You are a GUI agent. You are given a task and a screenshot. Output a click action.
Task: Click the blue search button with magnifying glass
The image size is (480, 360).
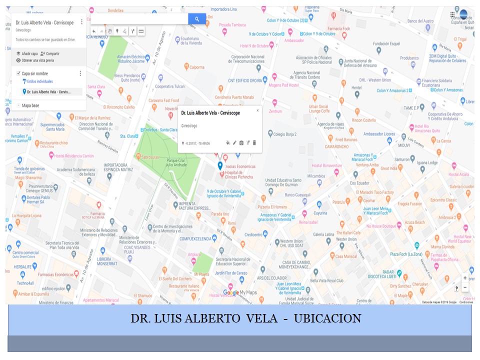[197, 19]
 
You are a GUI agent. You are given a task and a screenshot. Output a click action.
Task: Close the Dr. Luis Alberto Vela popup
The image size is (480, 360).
[257, 110]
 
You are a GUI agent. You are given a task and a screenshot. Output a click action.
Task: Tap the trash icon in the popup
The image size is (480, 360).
[254, 143]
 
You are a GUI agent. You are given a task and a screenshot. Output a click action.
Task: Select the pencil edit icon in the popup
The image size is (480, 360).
[234, 143]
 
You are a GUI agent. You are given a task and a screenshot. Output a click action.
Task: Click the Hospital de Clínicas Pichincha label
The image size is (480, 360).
[238, 174]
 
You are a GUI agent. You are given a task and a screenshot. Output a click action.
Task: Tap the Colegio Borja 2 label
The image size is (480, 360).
[285, 134]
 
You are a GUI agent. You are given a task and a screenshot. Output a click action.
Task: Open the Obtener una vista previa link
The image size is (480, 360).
[37, 60]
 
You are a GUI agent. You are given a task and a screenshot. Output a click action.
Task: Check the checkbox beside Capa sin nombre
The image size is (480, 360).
[18, 73]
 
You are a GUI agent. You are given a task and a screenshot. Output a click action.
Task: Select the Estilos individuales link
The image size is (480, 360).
[39, 81]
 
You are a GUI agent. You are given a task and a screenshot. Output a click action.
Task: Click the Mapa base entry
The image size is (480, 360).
[30, 105]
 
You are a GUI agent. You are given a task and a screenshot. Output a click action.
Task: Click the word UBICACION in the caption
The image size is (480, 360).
[327, 318]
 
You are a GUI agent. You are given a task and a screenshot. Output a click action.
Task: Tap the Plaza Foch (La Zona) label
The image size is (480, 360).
[406, 254]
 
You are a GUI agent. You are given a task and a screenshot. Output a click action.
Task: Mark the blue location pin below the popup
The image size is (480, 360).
[220, 165]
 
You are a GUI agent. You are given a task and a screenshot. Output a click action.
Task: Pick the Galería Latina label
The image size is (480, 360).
[323, 234]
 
